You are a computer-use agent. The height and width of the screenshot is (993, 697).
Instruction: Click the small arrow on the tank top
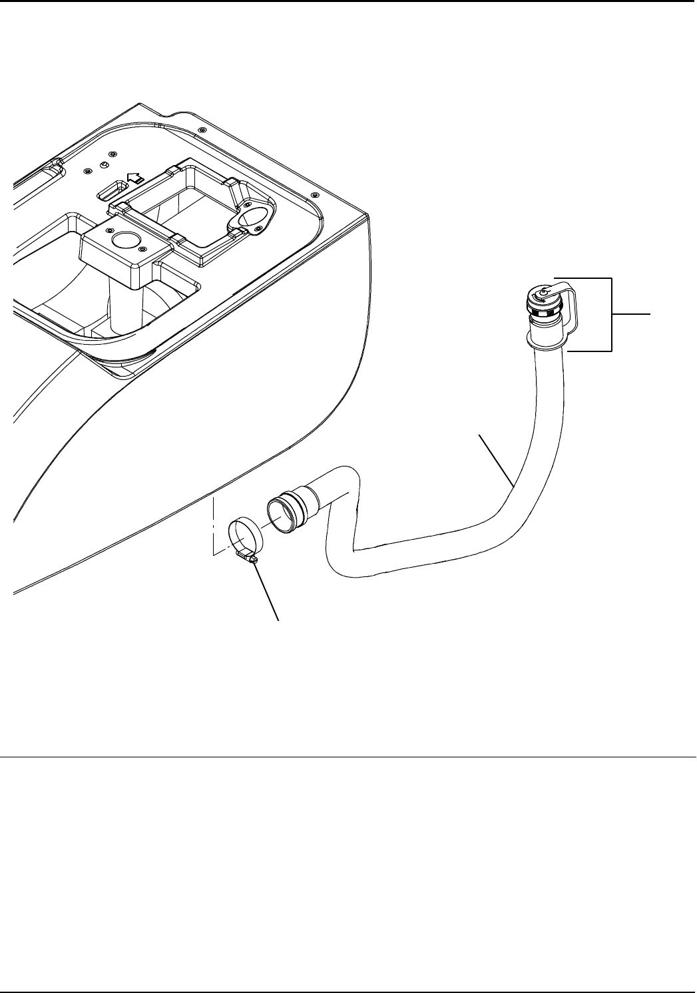point(135,178)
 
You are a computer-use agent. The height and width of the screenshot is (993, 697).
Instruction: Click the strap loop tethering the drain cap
point(570,309)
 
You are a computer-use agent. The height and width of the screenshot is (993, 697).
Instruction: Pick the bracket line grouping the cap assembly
point(610,313)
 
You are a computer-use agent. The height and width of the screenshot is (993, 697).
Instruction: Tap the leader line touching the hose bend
point(496,459)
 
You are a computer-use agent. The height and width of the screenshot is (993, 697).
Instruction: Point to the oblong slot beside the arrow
point(111,193)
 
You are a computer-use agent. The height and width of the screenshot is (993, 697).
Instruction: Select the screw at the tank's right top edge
point(314,195)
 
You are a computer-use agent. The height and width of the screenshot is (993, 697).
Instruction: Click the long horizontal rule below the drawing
point(348,757)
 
